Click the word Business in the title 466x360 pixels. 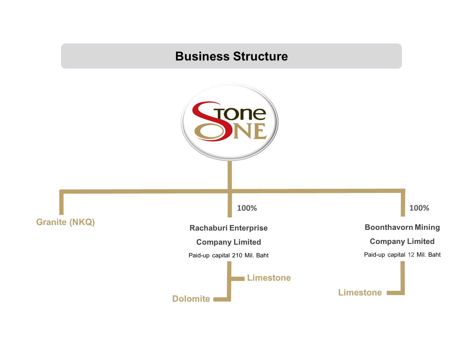pos(202,56)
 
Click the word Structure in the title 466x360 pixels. pos(260,56)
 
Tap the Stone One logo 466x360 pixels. pos(229,122)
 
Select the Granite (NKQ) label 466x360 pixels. pos(66,222)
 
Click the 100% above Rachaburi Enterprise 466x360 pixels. pos(247,208)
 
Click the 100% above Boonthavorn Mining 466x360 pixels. pos(419,208)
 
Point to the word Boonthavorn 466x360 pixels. pos(389,227)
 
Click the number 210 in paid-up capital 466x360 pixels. pos(237,255)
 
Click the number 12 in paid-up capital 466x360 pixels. pos(411,254)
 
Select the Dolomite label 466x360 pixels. pos(191,299)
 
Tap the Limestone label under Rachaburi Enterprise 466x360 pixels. pos(269,278)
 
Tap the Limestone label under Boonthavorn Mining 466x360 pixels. pos(360,293)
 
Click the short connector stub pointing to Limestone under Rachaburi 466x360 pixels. pos(238,278)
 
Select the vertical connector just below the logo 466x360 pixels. pos(230,175)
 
